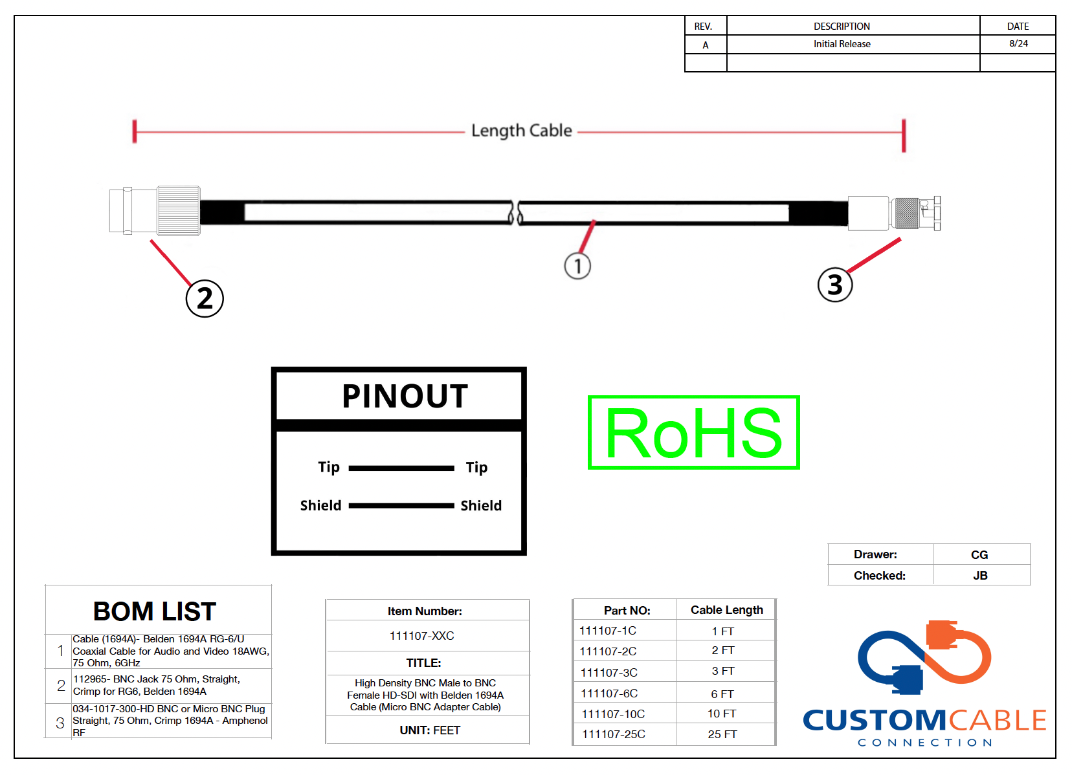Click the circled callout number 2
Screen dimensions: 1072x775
[205, 299]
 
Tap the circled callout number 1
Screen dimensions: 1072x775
[577, 266]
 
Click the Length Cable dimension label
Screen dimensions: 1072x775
[522, 131]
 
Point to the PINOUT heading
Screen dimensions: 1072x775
[405, 396]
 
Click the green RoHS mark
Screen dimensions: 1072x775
[694, 433]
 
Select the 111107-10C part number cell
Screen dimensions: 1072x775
[614, 714]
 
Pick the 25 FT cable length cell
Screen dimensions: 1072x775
[722, 734]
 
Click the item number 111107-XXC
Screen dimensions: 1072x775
[421, 636]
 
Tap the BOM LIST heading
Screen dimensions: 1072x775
[155, 611]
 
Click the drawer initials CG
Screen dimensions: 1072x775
[979, 555]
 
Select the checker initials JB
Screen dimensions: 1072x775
[980, 576]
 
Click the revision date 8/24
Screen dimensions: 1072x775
[1018, 43]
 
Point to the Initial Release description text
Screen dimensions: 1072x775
[842, 44]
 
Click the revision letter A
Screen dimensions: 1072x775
[706, 45]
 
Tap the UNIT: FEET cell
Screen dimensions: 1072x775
[430, 730]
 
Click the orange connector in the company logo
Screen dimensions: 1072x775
[943, 635]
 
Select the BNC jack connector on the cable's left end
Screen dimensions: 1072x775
[155, 211]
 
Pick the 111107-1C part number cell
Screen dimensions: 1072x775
[608, 631]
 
